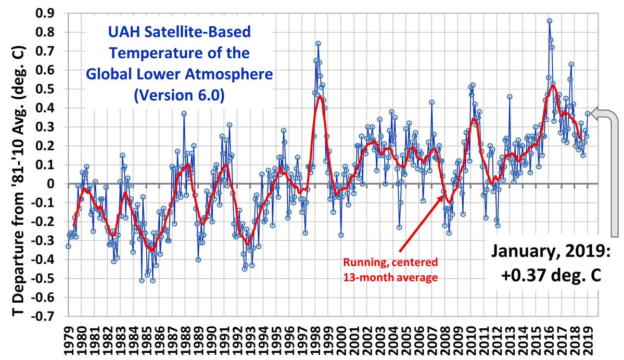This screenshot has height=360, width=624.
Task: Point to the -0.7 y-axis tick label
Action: (46, 317)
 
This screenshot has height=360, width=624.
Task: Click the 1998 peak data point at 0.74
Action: (317, 44)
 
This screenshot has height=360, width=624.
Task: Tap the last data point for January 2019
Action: (588, 113)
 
